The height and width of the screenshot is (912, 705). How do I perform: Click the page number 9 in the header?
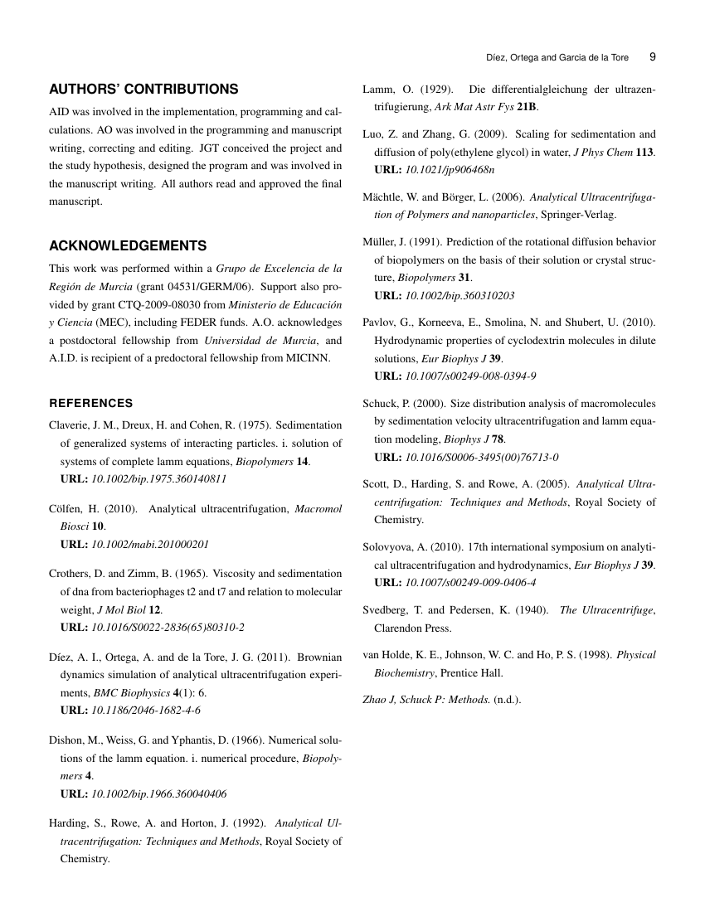click(652, 58)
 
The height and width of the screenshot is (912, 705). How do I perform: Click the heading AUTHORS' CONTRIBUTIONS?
click(143, 90)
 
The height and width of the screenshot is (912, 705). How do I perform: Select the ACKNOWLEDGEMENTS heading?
click(128, 246)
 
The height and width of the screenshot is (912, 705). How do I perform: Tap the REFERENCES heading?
click(91, 403)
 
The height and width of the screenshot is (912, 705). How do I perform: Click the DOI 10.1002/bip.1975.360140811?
click(158, 479)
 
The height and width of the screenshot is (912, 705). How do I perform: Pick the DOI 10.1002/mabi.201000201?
click(149, 545)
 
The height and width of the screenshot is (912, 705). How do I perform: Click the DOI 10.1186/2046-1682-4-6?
click(145, 711)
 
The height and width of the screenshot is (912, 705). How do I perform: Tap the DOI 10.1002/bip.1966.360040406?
click(158, 793)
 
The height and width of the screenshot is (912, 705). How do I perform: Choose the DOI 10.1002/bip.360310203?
click(459, 295)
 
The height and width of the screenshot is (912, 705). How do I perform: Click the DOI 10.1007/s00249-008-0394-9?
click(470, 376)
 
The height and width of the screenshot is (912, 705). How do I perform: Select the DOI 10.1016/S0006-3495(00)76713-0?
click(481, 457)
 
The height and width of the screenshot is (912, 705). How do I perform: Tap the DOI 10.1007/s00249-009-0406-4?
click(470, 582)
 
